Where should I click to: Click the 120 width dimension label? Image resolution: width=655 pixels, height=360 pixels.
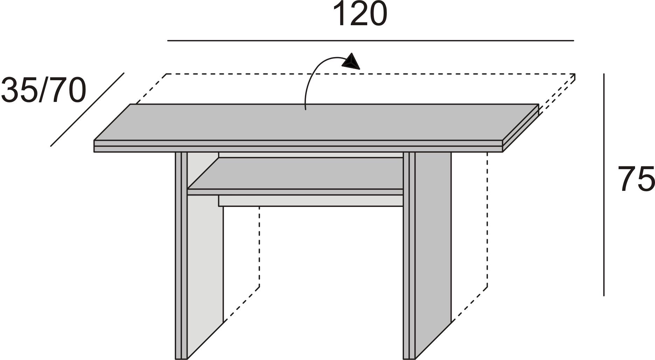[x=360, y=14]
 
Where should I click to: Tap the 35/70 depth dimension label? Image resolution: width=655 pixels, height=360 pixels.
[x=44, y=90]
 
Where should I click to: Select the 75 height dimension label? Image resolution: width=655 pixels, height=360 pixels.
[x=636, y=179]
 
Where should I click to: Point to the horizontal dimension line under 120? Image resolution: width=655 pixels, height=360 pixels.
[x=370, y=41]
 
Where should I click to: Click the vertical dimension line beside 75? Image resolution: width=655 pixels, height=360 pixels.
[x=604, y=185]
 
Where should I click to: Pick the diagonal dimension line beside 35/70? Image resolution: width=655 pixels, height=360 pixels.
[x=88, y=110]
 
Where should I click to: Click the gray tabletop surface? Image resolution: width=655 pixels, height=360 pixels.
[x=316, y=122]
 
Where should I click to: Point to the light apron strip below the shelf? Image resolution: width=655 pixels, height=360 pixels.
[x=311, y=201]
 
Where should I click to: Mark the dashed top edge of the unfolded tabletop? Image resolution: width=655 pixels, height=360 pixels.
[x=370, y=74]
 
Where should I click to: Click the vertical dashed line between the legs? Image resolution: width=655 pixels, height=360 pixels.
[x=259, y=247]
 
